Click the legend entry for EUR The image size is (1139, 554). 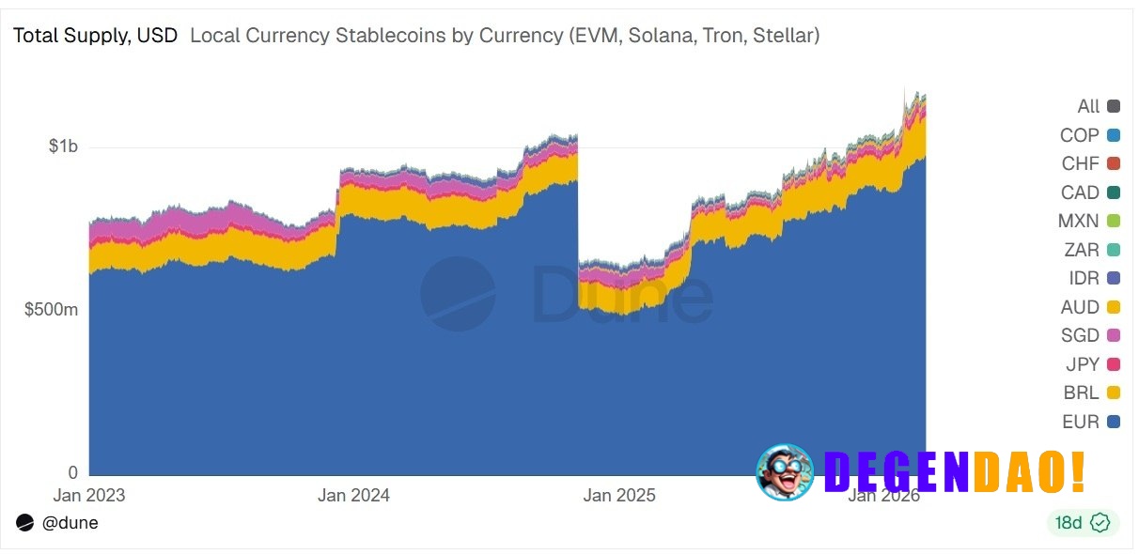1090,422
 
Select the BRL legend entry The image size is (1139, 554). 1090,393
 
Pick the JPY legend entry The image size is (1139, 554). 1090,364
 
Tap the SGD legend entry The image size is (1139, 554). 1090,335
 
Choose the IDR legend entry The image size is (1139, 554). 1090,278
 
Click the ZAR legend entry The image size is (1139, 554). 1090,250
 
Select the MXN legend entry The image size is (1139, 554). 1090,222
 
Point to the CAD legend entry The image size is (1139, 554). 1090,192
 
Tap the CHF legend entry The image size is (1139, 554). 1090,163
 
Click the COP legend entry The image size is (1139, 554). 1090,135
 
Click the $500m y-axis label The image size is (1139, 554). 51,310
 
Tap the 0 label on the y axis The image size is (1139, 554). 72,473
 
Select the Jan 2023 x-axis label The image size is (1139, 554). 89,496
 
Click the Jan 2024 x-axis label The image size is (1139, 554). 353,496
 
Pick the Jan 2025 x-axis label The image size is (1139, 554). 619,496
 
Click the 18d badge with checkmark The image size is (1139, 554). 1082,523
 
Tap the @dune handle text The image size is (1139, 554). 70,523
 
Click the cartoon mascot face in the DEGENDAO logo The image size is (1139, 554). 784,471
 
